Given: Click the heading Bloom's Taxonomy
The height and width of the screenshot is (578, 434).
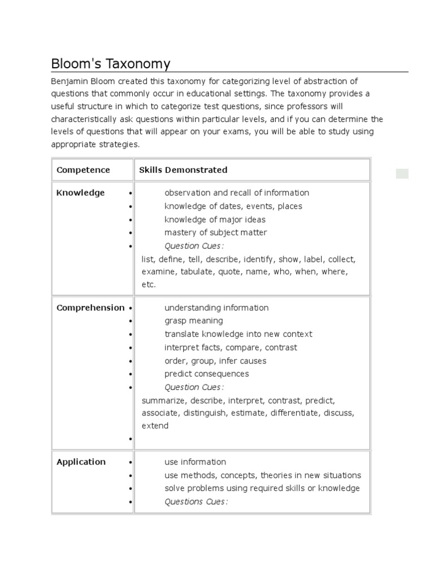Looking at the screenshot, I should click(110, 64).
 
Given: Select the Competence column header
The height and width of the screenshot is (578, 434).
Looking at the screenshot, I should click(83, 170).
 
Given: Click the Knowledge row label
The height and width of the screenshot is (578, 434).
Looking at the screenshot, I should click(80, 193).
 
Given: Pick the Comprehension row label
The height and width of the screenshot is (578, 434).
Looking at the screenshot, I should click(90, 308).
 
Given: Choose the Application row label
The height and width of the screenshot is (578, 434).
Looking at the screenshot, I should click(81, 462).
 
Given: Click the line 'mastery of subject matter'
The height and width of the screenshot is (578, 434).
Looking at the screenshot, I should click(215, 233).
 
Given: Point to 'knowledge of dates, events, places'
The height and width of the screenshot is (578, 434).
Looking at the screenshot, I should click(233, 206).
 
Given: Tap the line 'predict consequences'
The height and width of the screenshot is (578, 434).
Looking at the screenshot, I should click(206, 374).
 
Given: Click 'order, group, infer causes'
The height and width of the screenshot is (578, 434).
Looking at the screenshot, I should click(215, 361).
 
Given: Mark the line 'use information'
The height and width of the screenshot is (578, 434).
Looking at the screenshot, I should click(195, 462).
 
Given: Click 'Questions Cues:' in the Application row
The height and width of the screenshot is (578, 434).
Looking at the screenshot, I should click(196, 501).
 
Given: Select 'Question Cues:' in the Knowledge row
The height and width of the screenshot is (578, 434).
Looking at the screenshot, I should click(194, 246).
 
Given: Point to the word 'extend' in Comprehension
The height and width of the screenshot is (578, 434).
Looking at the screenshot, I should click(155, 426).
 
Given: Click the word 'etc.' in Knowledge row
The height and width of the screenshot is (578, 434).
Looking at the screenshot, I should click(149, 284).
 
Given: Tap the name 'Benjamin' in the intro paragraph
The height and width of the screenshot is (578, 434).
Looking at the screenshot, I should click(69, 81).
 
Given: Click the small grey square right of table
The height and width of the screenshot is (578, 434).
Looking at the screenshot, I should click(402, 173).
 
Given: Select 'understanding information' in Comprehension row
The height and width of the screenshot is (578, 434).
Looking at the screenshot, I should click(216, 308).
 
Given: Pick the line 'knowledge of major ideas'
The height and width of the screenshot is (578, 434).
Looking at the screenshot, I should click(215, 220).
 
